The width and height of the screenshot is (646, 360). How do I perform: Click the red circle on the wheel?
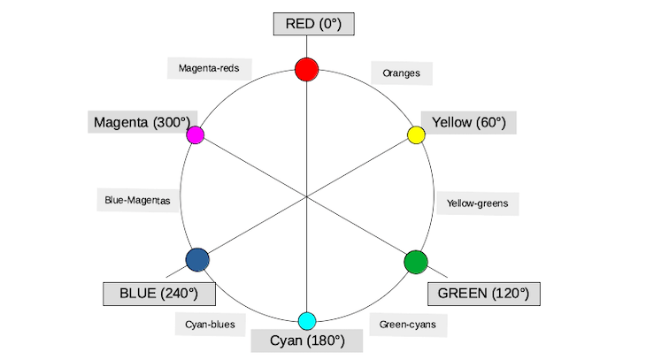pyautogui.click(x=306, y=68)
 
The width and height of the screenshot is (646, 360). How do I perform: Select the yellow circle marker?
pyautogui.click(x=416, y=134)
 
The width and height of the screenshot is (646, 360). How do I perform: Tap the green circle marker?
pyautogui.click(x=416, y=262)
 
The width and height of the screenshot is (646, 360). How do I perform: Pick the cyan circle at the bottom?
pyautogui.click(x=307, y=320)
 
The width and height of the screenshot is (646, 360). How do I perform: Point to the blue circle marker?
pyautogui.click(x=197, y=260)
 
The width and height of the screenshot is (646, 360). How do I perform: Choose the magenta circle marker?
pyautogui.click(x=196, y=135)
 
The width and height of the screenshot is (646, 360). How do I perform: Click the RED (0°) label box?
pyautogui.click(x=314, y=24)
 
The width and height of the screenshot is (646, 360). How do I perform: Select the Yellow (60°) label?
pyautogui.click(x=468, y=122)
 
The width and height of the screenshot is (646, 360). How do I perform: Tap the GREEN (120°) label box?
pyautogui.click(x=483, y=293)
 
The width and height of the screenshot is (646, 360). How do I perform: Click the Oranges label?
pyautogui.click(x=401, y=73)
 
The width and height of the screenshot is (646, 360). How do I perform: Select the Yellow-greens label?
pyautogui.click(x=478, y=203)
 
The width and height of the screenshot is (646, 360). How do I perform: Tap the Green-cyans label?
pyautogui.click(x=407, y=325)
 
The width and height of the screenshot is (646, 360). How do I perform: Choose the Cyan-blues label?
pyautogui.click(x=210, y=325)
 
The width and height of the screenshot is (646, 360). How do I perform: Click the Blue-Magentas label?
pyautogui.click(x=136, y=200)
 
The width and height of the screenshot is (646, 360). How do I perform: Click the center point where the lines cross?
pyautogui.click(x=307, y=198)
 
